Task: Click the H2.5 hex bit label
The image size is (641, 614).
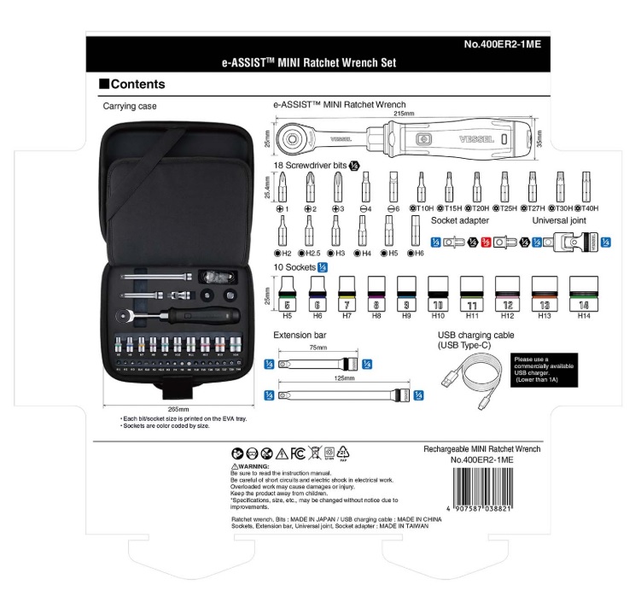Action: coord(312,254)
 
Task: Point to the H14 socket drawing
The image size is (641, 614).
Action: coord(584,295)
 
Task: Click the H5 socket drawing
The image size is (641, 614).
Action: coord(288,295)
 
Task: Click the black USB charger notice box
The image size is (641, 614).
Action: coord(545,368)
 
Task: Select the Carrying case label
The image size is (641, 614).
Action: coord(130,107)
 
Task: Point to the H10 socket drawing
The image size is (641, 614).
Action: coord(438,295)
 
